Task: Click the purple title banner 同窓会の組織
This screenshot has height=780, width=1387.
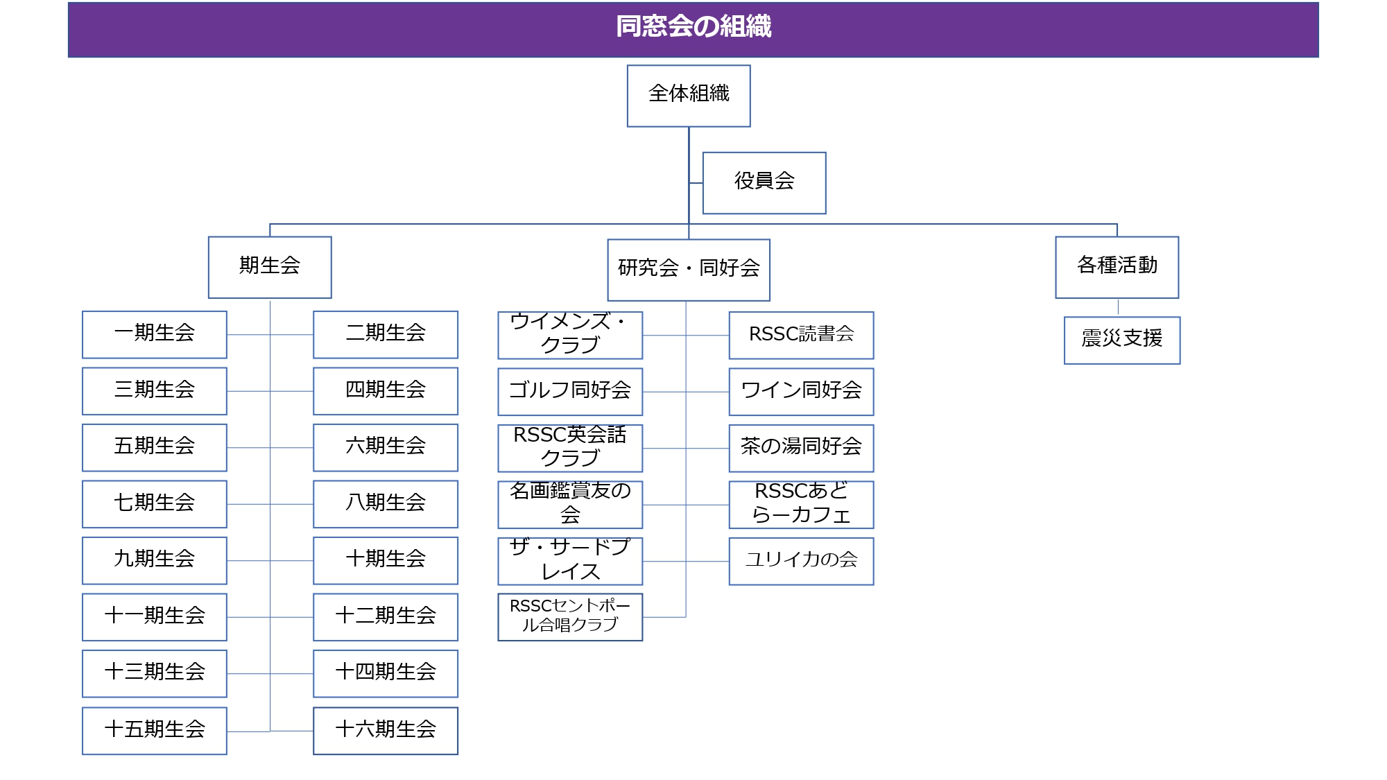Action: [x=693, y=29]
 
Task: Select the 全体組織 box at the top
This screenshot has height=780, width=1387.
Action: [x=689, y=96]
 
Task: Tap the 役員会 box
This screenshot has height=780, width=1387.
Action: [x=764, y=183]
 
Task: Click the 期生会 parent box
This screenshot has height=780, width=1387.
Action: [x=270, y=268]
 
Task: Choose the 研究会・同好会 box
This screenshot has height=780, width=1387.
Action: [x=689, y=270]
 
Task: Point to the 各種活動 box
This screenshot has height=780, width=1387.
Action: [x=1117, y=268]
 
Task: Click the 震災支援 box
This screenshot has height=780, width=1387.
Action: [x=1122, y=340]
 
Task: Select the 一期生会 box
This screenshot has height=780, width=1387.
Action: [x=155, y=335]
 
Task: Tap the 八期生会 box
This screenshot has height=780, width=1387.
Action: [x=386, y=504]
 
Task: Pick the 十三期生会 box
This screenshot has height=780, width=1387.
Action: [x=155, y=674]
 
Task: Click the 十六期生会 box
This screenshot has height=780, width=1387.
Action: [x=386, y=731]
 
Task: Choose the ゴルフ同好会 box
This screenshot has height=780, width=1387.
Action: [x=570, y=392]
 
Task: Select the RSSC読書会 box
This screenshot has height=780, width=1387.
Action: [x=802, y=336]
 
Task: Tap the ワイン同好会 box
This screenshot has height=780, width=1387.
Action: [x=802, y=392]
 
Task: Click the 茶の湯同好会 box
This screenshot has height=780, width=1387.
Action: [x=802, y=449]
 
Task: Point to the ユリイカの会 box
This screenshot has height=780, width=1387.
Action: [x=802, y=561]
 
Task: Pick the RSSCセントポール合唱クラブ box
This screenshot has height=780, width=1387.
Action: [x=570, y=617]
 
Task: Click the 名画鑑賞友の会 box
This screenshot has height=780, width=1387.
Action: [x=570, y=505]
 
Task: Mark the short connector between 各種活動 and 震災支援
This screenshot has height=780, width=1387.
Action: [x=1118, y=308]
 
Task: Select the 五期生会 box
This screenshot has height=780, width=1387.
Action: [x=155, y=448]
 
